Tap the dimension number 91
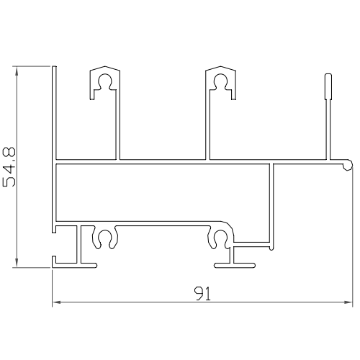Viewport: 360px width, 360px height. click(x=201, y=294)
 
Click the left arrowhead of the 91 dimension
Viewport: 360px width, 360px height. click(x=56, y=303)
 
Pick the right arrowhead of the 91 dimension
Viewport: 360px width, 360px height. click(x=348, y=303)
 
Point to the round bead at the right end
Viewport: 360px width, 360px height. click(x=348, y=166)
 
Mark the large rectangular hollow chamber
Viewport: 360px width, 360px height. click(x=162, y=191)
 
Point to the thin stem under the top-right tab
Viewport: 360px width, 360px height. click(x=328, y=130)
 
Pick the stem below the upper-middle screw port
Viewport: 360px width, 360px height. click(x=208, y=130)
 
